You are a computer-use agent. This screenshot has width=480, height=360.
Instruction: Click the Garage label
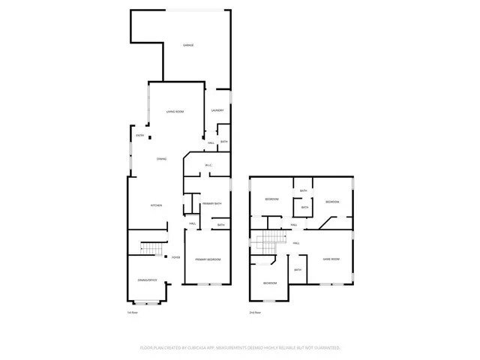click(x=189, y=46)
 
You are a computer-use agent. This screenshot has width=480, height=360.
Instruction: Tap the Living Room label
click(x=175, y=111)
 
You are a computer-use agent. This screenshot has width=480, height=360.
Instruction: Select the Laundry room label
click(x=217, y=111)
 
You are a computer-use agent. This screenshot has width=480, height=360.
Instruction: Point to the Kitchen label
click(x=156, y=205)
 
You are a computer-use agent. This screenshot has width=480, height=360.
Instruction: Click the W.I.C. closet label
click(x=208, y=165)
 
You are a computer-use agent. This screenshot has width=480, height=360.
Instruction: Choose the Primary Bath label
click(x=212, y=203)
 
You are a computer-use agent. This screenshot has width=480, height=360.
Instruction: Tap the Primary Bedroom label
click(x=208, y=259)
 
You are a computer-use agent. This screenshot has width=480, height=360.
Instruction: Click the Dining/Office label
click(x=147, y=280)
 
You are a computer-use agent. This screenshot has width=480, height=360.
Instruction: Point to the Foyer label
click(x=175, y=257)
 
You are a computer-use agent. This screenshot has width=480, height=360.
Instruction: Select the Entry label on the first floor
click(x=140, y=135)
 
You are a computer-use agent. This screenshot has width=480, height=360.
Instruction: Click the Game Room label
click(x=331, y=259)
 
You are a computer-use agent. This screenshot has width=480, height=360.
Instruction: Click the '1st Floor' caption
click(x=132, y=313)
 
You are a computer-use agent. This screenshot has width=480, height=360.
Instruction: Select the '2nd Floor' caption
click(x=255, y=313)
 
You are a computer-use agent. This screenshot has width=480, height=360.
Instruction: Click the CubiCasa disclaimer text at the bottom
click(x=240, y=347)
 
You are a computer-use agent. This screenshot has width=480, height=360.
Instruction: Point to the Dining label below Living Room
click(x=161, y=159)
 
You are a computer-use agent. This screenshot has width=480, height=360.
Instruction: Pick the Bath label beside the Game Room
click(x=298, y=270)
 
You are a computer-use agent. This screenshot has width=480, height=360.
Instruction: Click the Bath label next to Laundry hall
click(x=224, y=142)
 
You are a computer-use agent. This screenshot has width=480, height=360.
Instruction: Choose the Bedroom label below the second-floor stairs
click(x=270, y=283)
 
